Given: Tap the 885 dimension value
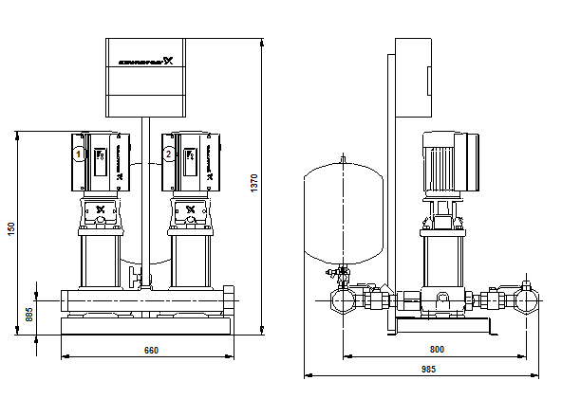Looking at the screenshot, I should (28, 314).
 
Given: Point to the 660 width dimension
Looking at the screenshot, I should (150, 351).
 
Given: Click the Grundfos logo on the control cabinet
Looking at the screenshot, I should (144, 64).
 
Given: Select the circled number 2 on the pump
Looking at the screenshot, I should (168, 153).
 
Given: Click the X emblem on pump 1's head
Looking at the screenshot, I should (100, 209).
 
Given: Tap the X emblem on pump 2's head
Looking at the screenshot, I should (190, 209).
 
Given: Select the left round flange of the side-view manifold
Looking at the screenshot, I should (342, 303).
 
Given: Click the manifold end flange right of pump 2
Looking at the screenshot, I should (231, 300).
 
